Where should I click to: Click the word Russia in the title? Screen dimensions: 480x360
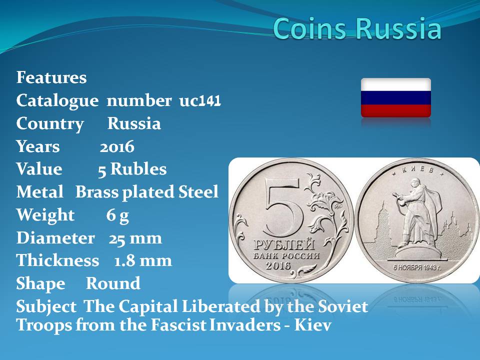pos(398,28)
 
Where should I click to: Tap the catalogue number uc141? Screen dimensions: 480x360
pos(200,100)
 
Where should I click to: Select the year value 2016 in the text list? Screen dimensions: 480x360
pos(117,146)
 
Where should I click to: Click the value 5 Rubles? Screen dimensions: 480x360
pos(132,169)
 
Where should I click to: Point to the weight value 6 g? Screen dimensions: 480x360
pos(117,215)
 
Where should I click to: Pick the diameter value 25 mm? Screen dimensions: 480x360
pos(135,238)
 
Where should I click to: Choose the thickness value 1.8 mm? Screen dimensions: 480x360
pos(142,261)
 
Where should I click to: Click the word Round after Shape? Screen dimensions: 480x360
pos(113,283)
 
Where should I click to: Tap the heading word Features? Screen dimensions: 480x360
pos(51,77)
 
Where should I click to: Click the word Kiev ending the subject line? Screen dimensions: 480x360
pos(313,325)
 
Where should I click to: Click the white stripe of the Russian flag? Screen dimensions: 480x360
pos(396,84)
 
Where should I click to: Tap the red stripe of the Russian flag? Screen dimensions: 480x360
pos(396,111)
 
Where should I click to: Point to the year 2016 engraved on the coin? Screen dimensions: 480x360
pos(278,265)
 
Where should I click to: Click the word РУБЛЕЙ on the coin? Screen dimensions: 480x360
pos(284,245)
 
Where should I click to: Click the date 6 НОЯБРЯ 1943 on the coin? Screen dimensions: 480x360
pos(417,267)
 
